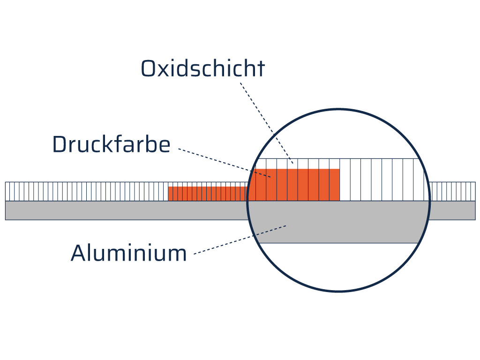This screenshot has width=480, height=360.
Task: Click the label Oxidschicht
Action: click(202, 68)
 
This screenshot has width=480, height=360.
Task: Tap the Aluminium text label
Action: click(128, 253)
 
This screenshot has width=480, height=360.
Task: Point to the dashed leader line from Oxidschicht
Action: click(267, 123)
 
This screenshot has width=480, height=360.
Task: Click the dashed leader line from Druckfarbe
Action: click(225, 163)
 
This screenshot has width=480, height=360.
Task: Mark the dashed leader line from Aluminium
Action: click(240, 240)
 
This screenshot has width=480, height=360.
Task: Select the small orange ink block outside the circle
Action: click(208, 194)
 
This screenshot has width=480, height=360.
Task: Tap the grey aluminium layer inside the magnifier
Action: click(338, 222)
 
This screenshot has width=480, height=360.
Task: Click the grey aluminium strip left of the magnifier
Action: click(126, 210)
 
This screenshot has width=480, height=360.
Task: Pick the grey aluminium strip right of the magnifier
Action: click(452, 210)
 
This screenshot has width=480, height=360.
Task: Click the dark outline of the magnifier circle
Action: click(338, 109)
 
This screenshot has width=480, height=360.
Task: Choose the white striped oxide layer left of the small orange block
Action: click(87, 191)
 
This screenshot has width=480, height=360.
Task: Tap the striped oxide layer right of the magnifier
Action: click(453, 191)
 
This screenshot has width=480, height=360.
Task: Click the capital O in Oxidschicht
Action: click(149, 68)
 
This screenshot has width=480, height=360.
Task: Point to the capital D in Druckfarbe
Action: click(60, 144)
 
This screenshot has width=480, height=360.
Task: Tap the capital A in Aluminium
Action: click(79, 253)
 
